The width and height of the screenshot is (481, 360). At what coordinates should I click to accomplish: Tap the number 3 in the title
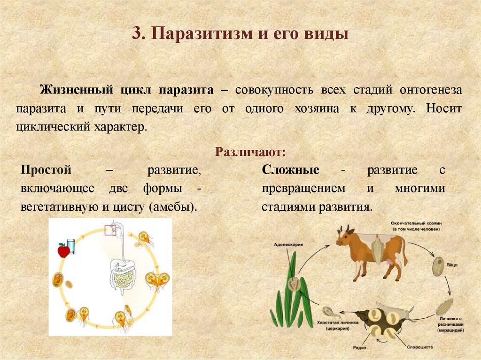pyautogui.click(x=136, y=35)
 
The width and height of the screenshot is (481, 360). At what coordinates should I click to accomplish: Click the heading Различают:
pyautogui.click(x=250, y=153)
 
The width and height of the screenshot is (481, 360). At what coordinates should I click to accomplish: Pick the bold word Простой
pyautogui.click(x=46, y=170)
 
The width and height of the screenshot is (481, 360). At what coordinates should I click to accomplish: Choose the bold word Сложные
pyautogui.click(x=291, y=170)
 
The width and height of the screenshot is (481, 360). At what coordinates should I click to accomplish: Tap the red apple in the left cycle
pyautogui.click(x=63, y=251)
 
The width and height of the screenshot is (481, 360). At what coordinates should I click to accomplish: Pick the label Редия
pyautogui.click(x=361, y=348)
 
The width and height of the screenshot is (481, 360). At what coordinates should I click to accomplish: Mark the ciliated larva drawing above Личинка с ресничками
pyautogui.click(x=444, y=306)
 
